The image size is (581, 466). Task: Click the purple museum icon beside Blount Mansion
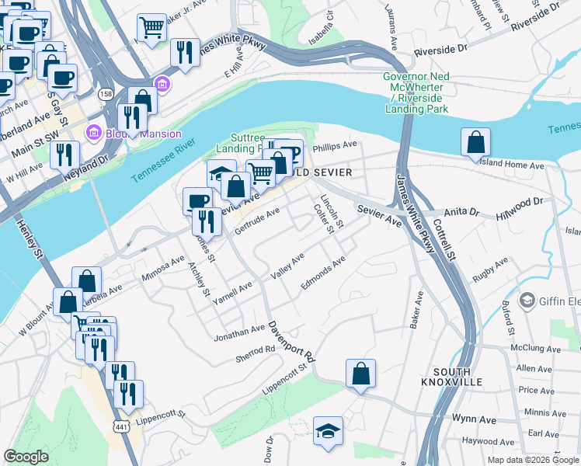pyautogui.click(x=94, y=131)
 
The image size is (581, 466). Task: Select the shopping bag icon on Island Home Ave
pyautogui.click(x=475, y=142)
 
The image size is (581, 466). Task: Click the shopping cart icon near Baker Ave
pyautogui.click(x=152, y=29)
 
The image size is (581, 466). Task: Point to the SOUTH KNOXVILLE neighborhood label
pyautogui.click(x=452, y=377)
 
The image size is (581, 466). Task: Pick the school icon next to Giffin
pyautogui.click(x=527, y=300)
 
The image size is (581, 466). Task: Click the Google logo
pyautogui.click(x=26, y=457)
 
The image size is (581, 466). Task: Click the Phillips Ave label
pyautogui.click(x=334, y=145)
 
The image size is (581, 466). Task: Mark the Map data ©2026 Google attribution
pyautogui.click(x=532, y=460)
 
